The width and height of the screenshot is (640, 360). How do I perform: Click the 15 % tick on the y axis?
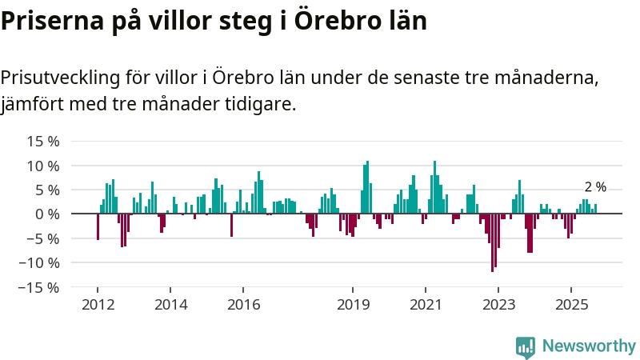(x=44, y=142)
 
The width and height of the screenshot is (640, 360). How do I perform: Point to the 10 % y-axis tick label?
(x=44, y=166)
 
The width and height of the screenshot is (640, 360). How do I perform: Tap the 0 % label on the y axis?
(x=48, y=214)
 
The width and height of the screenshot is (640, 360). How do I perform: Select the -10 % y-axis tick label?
(x=40, y=262)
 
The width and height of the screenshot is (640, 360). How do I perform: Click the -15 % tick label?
(x=40, y=286)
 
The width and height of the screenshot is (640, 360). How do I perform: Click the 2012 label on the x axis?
(x=98, y=304)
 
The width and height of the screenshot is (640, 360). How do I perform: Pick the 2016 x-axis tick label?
(x=244, y=304)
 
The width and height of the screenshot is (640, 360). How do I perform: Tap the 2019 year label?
(x=353, y=304)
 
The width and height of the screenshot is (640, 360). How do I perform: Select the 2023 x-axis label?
(x=498, y=304)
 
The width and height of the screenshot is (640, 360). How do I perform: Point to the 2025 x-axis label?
(x=571, y=304)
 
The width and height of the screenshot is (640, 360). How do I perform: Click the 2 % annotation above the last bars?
(x=595, y=187)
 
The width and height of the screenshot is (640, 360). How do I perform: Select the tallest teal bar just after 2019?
(x=368, y=188)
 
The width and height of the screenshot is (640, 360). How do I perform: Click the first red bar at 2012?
(x=98, y=226)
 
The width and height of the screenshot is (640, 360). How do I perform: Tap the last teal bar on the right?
(x=595, y=209)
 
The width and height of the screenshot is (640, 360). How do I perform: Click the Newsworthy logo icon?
(x=526, y=346)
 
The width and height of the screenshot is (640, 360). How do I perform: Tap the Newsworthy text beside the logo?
(x=589, y=346)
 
